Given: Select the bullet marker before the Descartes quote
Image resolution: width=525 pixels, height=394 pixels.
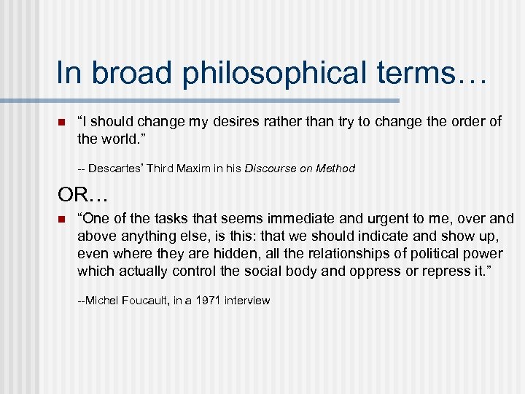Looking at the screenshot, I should (x=62, y=122).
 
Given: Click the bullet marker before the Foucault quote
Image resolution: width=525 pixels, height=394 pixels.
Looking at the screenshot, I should (x=62, y=219).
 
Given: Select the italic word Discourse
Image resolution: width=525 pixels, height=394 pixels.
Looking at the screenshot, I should (x=271, y=169).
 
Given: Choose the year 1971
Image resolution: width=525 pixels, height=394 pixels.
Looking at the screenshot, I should (x=206, y=301).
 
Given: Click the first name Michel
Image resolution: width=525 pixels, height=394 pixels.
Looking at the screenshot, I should (x=101, y=301).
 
